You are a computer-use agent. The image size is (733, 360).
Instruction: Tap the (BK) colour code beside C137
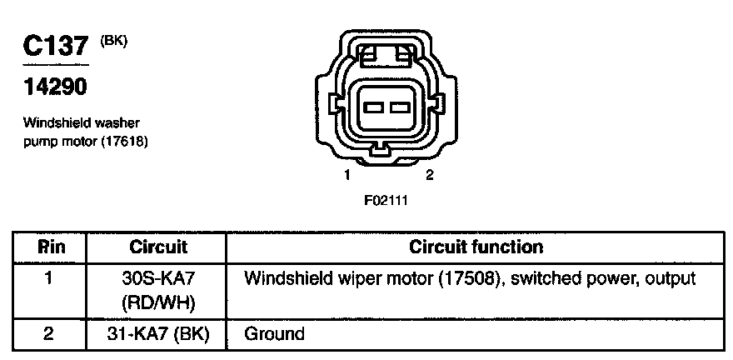click(114, 40)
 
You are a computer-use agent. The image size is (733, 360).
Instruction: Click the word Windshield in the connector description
click(52, 123)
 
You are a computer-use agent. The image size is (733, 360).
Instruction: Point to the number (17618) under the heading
click(122, 141)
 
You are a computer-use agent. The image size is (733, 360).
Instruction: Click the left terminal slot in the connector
click(373, 107)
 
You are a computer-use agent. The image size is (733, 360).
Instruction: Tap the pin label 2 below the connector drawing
click(429, 175)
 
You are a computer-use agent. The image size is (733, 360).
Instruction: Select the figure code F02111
click(386, 200)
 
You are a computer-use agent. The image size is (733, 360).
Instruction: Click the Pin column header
click(50, 247)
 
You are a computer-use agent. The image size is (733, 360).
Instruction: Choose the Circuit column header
click(158, 247)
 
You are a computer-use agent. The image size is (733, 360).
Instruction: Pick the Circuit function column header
click(476, 247)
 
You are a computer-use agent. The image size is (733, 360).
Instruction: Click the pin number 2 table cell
click(50, 334)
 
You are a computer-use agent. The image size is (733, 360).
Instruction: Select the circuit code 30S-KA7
click(158, 278)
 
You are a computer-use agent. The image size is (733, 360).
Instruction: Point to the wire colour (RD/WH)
click(158, 301)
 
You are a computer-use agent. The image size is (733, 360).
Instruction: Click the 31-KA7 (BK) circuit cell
click(158, 334)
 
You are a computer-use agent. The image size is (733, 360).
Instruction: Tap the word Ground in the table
click(274, 334)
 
